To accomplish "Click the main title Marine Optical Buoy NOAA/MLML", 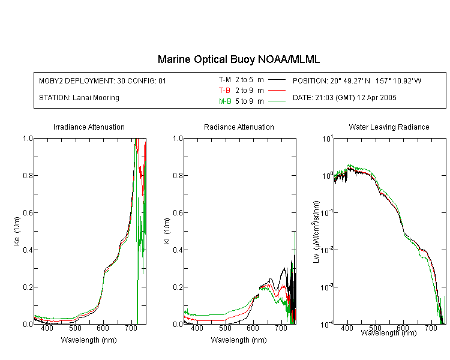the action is [x=238, y=59].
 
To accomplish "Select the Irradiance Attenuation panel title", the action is [x=89, y=127].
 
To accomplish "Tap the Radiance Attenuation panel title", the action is [x=239, y=127].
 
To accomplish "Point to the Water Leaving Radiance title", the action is [x=389, y=127].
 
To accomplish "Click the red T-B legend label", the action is [x=225, y=91].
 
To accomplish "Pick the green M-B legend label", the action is [x=225, y=101].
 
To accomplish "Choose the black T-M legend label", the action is [x=225, y=80].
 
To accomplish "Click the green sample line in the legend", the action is [x=277, y=101].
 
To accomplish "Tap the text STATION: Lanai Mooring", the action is [x=79, y=98].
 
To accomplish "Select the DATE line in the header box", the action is [x=344, y=98].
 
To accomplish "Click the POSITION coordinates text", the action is [x=357, y=80].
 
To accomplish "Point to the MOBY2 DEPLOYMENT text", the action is [x=103, y=80].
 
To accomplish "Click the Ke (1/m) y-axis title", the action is [x=17, y=231].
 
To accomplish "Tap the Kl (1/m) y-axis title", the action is [x=167, y=231].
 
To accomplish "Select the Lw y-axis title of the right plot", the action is [x=316, y=232].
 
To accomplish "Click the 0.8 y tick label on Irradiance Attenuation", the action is [x=28, y=175].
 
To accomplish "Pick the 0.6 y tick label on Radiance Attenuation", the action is [x=178, y=213].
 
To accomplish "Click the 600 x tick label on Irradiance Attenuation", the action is [x=103, y=328].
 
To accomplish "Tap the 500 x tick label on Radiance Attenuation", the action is [x=225, y=328].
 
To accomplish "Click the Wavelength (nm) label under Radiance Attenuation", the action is [x=239, y=340].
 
